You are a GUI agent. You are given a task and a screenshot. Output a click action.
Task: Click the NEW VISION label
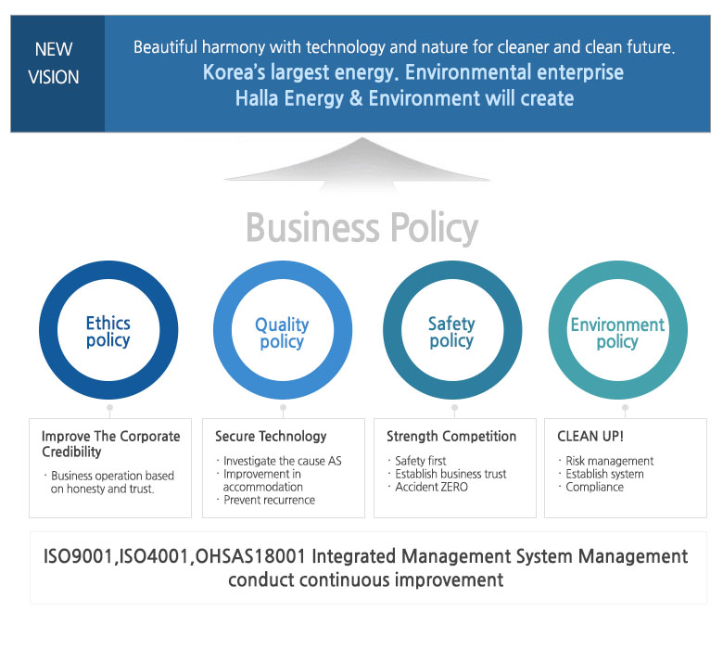tap(54, 63)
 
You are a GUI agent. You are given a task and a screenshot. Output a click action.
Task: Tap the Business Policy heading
tap(362, 227)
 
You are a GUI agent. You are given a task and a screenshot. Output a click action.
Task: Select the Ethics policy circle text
tap(108, 332)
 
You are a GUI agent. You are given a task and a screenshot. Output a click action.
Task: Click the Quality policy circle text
tap(282, 333)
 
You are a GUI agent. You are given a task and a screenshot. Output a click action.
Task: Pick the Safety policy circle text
tap(451, 332)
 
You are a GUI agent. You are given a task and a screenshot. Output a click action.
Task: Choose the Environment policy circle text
tap(617, 333)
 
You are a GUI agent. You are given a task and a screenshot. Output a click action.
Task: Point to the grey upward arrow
tap(359, 165)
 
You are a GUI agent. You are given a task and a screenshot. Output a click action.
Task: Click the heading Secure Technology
tap(271, 437)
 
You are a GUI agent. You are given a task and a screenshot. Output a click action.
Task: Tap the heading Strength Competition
tap(451, 437)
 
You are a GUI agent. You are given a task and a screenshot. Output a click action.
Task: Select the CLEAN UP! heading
tap(590, 437)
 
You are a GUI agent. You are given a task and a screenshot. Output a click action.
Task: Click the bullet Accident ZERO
tap(432, 487)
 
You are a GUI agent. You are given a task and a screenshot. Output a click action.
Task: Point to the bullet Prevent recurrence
tap(270, 500)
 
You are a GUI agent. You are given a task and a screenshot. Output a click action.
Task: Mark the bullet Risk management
tap(610, 462)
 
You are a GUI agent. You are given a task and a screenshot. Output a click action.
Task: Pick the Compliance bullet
tap(594, 487)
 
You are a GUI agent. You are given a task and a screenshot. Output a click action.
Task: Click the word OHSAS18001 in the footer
tap(250, 556)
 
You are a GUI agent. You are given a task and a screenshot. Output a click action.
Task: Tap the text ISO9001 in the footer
tap(78, 556)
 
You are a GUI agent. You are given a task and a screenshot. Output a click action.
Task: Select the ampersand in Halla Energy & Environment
tap(356, 98)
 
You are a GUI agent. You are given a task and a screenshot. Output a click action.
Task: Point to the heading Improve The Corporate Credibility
tap(110, 444)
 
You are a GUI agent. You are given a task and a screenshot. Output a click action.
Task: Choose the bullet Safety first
tap(421, 461)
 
